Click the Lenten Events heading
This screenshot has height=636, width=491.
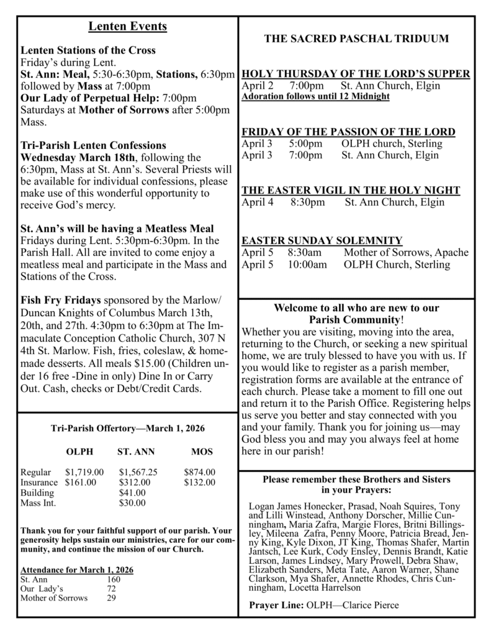tap(127, 26)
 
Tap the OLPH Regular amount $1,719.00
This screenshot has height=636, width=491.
tap(84, 473)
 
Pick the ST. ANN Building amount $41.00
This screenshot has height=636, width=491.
tap(132, 493)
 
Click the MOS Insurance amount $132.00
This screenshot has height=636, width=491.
tap(200, 483)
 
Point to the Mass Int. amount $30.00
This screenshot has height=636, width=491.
tap(132, 502)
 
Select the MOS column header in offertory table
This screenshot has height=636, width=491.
tap(202, 452)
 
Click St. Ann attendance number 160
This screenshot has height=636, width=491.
tap(114, 579)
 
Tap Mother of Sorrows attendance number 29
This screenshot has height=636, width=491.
tap(111, 598)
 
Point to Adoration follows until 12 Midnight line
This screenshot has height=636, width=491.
tap(315, 97)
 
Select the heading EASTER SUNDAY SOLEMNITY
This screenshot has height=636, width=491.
tap(322, 240)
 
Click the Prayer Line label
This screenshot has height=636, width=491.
tap(276, 606)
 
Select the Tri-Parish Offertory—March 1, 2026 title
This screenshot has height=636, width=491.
tap(127, 429)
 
